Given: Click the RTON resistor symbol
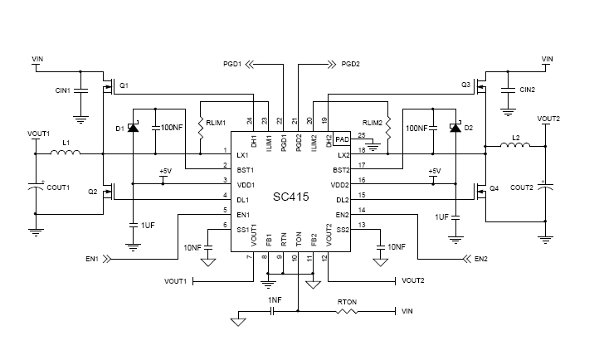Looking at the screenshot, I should point(347,312).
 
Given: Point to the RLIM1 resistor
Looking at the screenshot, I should point(202,128).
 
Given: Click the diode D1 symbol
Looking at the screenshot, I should point(132,128).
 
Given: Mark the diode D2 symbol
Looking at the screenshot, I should point(455,128).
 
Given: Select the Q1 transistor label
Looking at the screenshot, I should point(124,85).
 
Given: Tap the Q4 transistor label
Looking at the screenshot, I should point(494,189).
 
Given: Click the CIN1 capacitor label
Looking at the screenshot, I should point(62,90).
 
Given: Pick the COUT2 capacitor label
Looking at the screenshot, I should point(521,187).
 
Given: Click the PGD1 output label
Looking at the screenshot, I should point(231,63).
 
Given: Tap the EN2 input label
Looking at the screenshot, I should point(481,259).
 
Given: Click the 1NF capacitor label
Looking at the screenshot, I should point(275,299).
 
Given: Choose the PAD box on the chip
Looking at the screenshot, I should point(343,140).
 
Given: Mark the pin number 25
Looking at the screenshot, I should point(360,135).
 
